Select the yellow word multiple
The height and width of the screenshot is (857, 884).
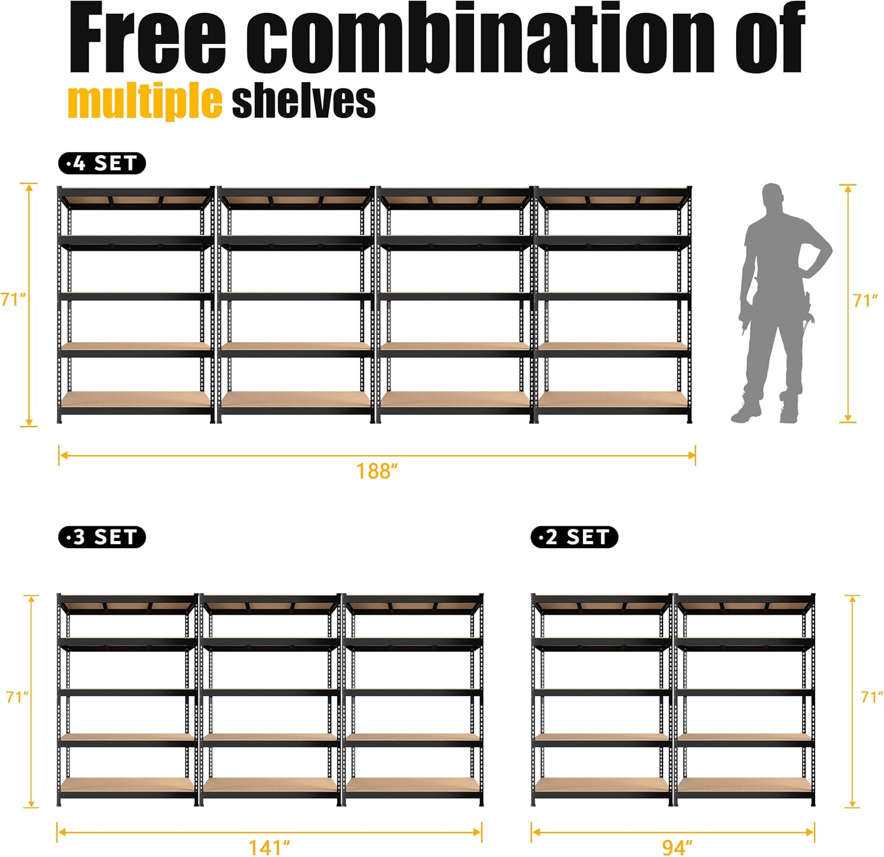pos(145,101)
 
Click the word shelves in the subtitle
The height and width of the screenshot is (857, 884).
pos(304,101)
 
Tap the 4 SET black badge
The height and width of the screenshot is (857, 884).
pos(102,163)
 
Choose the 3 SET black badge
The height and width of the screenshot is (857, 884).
pos(102,537)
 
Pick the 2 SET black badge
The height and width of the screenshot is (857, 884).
pos(574,537)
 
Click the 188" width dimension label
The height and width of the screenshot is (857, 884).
pos(377,472)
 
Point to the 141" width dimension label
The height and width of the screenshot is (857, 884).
pos(269,848)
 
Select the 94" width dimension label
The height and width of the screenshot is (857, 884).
pos(677,848)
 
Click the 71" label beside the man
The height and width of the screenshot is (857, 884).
pos(865,301)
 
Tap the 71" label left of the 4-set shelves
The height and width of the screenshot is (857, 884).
pos(13,299)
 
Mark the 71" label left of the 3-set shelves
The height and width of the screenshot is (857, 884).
pos(17,697)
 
